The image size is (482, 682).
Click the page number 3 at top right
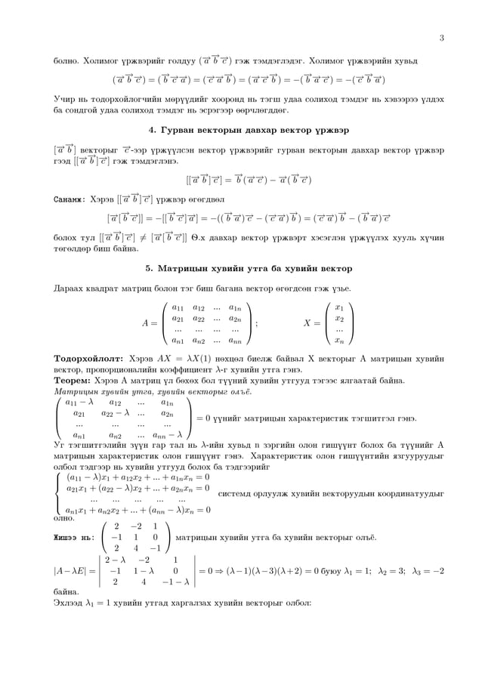[x=440, y=39]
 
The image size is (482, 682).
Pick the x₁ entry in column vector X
[x=339, y=307]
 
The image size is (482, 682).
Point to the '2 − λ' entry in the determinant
[x=116, y=560]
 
